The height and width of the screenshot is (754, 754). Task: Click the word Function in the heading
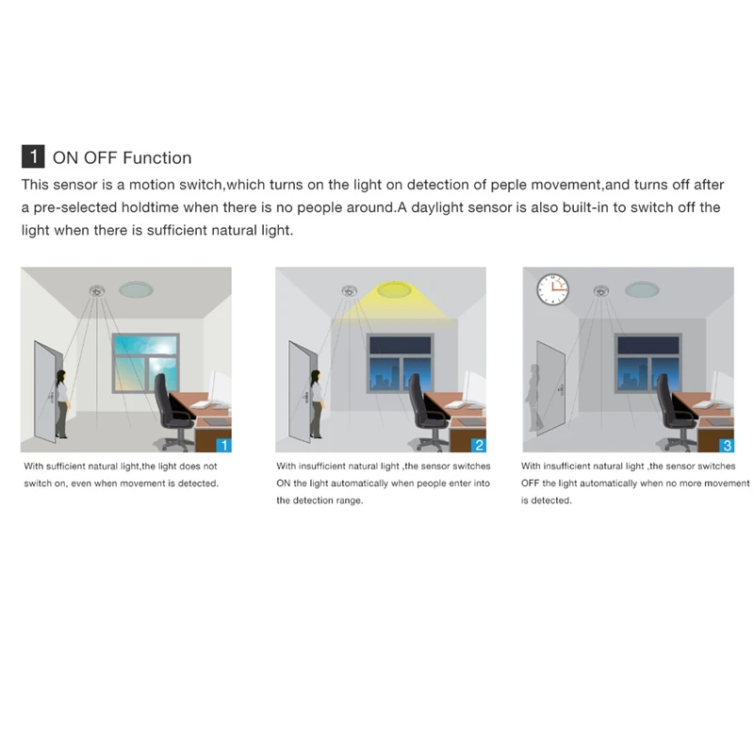point(156,158)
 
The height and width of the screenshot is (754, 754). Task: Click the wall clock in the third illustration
point(553,287)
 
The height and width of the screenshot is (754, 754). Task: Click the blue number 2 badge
point(479,443)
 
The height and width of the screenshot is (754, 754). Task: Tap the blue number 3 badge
point(725,443)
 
